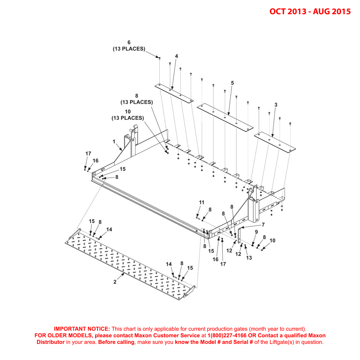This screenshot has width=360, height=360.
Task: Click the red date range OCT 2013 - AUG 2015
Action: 310,11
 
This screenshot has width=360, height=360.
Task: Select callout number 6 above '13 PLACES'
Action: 129,42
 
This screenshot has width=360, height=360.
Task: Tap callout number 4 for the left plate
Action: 176,56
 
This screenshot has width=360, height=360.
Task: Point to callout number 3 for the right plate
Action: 276,105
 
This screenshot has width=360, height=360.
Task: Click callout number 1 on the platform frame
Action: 114,142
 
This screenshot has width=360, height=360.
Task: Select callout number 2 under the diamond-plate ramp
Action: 115,282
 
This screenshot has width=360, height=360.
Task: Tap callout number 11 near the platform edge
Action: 201,202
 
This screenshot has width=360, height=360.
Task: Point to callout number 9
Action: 256,231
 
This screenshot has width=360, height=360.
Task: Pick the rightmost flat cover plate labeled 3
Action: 275,142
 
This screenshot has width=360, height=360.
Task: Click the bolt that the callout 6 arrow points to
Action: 160,58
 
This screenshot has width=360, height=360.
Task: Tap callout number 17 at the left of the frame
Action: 88,154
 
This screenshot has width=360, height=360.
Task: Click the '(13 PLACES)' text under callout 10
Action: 128,118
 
